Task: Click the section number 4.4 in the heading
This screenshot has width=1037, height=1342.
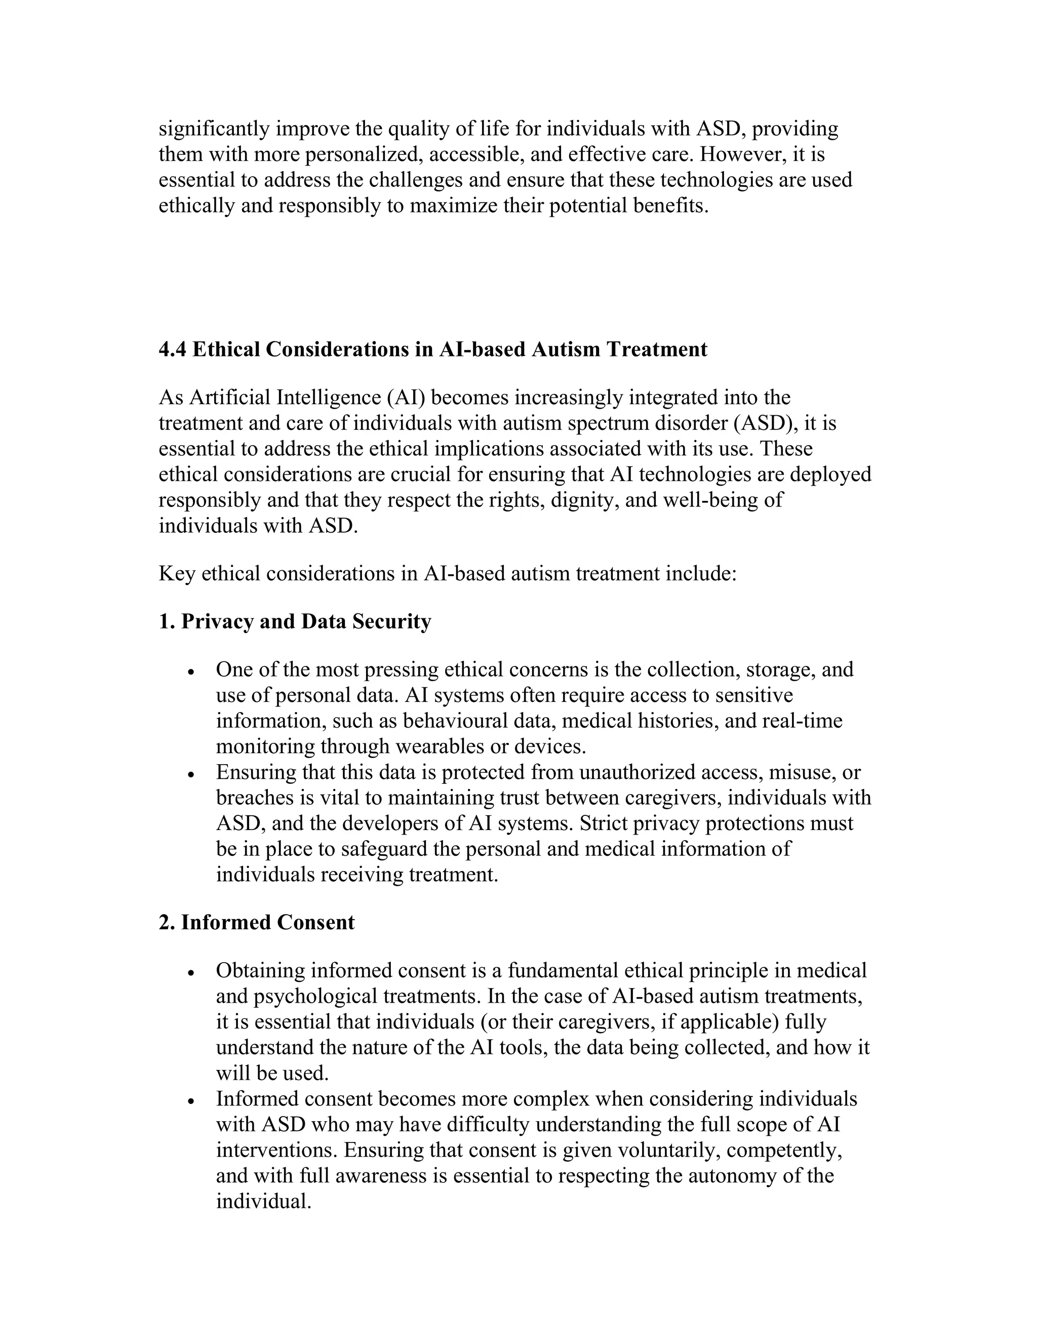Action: [x=172, y=349]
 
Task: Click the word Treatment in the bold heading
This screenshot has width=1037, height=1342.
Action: [x=657, y=349]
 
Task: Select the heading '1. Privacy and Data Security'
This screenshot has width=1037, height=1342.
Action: [x=295, y=621]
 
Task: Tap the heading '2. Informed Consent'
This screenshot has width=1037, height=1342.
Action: [x=257, y=922]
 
